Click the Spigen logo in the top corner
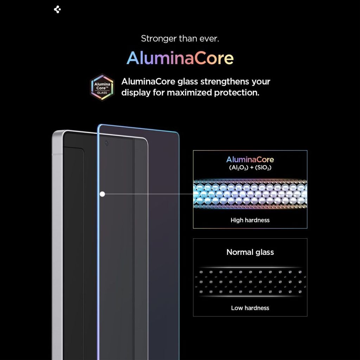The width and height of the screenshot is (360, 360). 57,9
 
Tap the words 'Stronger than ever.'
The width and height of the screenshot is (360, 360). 180,39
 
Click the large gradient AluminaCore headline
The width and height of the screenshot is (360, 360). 180,58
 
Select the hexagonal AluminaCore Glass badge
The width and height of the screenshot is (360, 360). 102,88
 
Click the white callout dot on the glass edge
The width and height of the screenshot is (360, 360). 102,194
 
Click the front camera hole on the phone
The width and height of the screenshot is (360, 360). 107,143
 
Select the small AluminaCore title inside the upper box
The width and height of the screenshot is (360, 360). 250,160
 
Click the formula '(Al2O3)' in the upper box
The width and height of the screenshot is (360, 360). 239,168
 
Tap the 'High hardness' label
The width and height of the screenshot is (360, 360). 250,220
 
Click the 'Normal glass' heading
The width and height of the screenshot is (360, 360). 250,252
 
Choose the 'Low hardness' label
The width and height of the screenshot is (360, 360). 250,308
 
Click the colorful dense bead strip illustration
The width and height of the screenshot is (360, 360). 250,194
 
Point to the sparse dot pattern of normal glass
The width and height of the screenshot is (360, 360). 250,282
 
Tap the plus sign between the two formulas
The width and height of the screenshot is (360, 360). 252,168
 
